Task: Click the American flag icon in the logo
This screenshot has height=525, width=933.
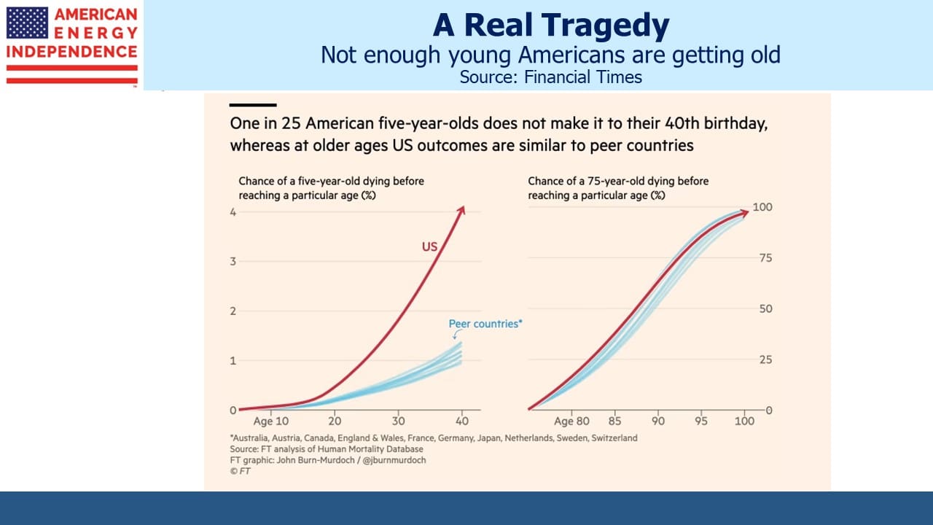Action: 27,23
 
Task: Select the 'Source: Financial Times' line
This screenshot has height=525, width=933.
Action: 550,77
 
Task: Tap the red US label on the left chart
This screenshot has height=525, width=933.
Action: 429,246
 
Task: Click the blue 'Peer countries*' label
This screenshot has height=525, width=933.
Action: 485,324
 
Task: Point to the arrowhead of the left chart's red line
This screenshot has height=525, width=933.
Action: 461,210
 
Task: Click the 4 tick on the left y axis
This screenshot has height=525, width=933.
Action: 233,212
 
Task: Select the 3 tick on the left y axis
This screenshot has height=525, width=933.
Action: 233,261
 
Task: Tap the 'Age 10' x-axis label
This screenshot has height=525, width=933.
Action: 270,421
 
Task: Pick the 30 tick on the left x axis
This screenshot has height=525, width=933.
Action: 398,421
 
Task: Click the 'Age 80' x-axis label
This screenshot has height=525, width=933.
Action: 571,421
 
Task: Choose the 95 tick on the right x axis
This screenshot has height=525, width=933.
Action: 701,421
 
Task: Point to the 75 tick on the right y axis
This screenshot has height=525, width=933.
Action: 765,258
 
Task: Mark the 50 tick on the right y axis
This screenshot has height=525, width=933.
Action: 765,308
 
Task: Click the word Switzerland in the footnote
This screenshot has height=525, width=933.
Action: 614,438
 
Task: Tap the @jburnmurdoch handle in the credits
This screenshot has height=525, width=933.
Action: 394,460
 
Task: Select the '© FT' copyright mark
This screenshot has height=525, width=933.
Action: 240,471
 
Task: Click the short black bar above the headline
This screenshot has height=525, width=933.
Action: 253,105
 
